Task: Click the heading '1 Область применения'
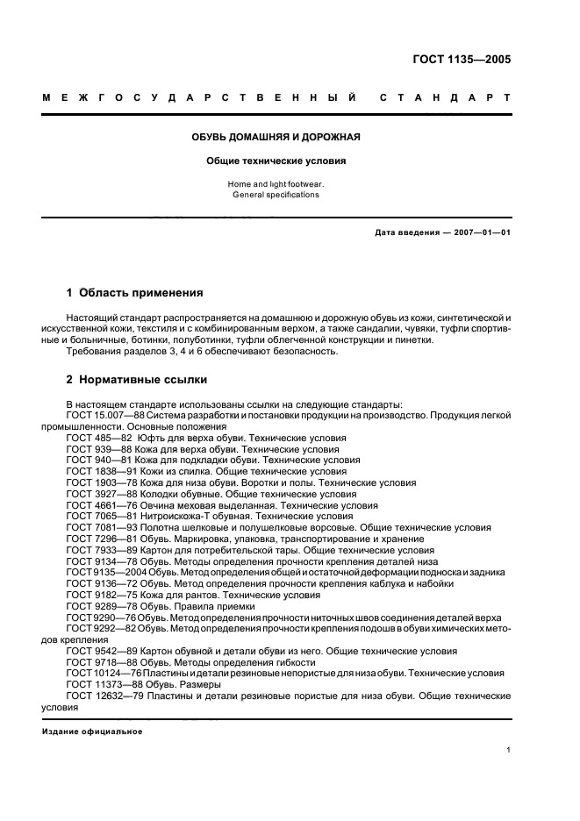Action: point(134,292)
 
